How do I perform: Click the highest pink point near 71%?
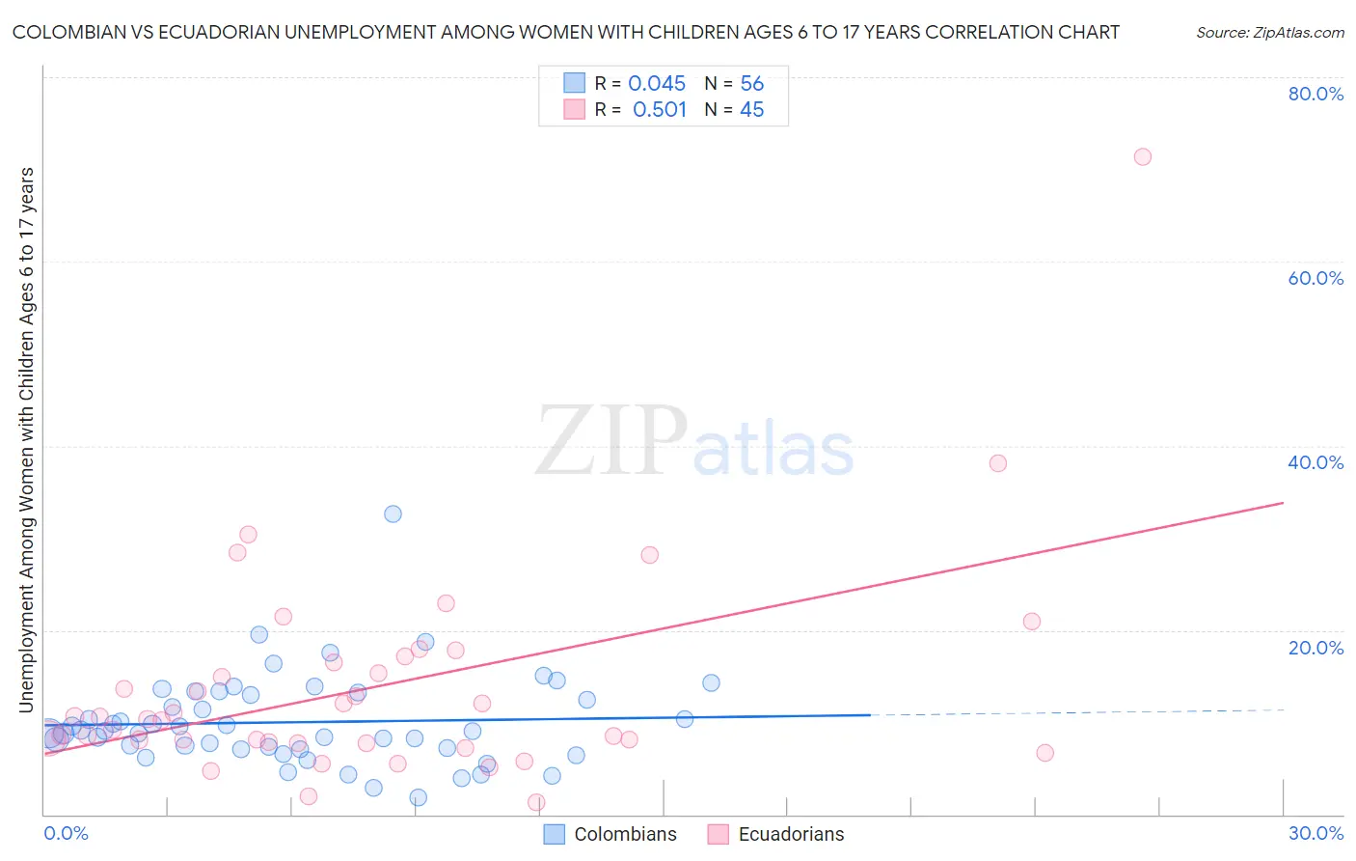(1142, 156)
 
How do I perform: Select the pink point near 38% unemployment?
(997, 463)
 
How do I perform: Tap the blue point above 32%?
(393, 514)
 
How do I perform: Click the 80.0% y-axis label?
(1315, 94)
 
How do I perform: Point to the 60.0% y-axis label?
(1315, 278)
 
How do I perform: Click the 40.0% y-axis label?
(1315, 462)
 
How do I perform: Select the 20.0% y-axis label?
(1315, 648)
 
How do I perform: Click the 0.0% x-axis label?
(66, 833)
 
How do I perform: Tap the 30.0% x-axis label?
(1315, 833)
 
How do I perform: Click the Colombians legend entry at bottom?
(624, 834)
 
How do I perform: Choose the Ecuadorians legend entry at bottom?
(790, 834)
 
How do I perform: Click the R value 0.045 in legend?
(656, 84)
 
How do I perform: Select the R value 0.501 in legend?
(659, 110)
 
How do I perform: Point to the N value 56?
(751, 84)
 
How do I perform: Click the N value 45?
(751, 110)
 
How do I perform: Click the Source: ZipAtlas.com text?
(1269, 33)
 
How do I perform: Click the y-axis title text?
(26, 439)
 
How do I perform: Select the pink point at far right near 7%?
(1044, 753)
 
